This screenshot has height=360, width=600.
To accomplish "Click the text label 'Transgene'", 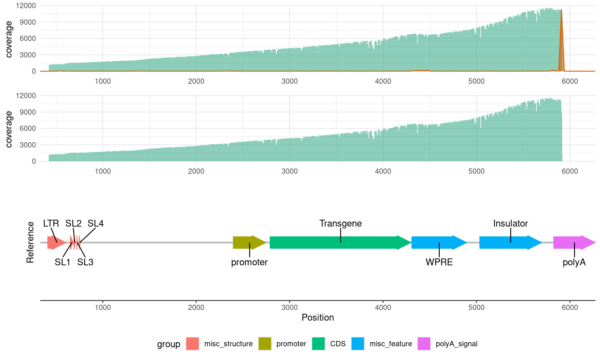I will [x=340, y=223].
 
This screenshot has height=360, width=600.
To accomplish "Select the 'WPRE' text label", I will [x=439, y=262].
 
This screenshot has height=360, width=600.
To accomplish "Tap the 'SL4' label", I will [x=95, y=223].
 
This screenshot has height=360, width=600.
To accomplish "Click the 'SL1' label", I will [x=62, y=262].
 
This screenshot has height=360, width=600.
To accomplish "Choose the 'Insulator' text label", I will [x=510, y=223].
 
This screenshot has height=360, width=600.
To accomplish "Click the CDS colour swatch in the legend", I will [x=318, y=344].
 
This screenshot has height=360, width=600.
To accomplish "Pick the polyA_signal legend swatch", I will [x=424, y=344].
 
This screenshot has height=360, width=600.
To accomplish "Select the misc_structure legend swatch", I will [x=192, y=344].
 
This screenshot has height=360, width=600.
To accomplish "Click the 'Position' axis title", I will [x=317, y=317].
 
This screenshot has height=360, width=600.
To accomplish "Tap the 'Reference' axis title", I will [x=30, y=242].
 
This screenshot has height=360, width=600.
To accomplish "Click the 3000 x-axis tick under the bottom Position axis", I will [x=289, y=307].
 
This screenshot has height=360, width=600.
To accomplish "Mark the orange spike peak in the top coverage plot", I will [x=561, y=10].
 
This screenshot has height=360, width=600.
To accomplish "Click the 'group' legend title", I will [x=168, y=344].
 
